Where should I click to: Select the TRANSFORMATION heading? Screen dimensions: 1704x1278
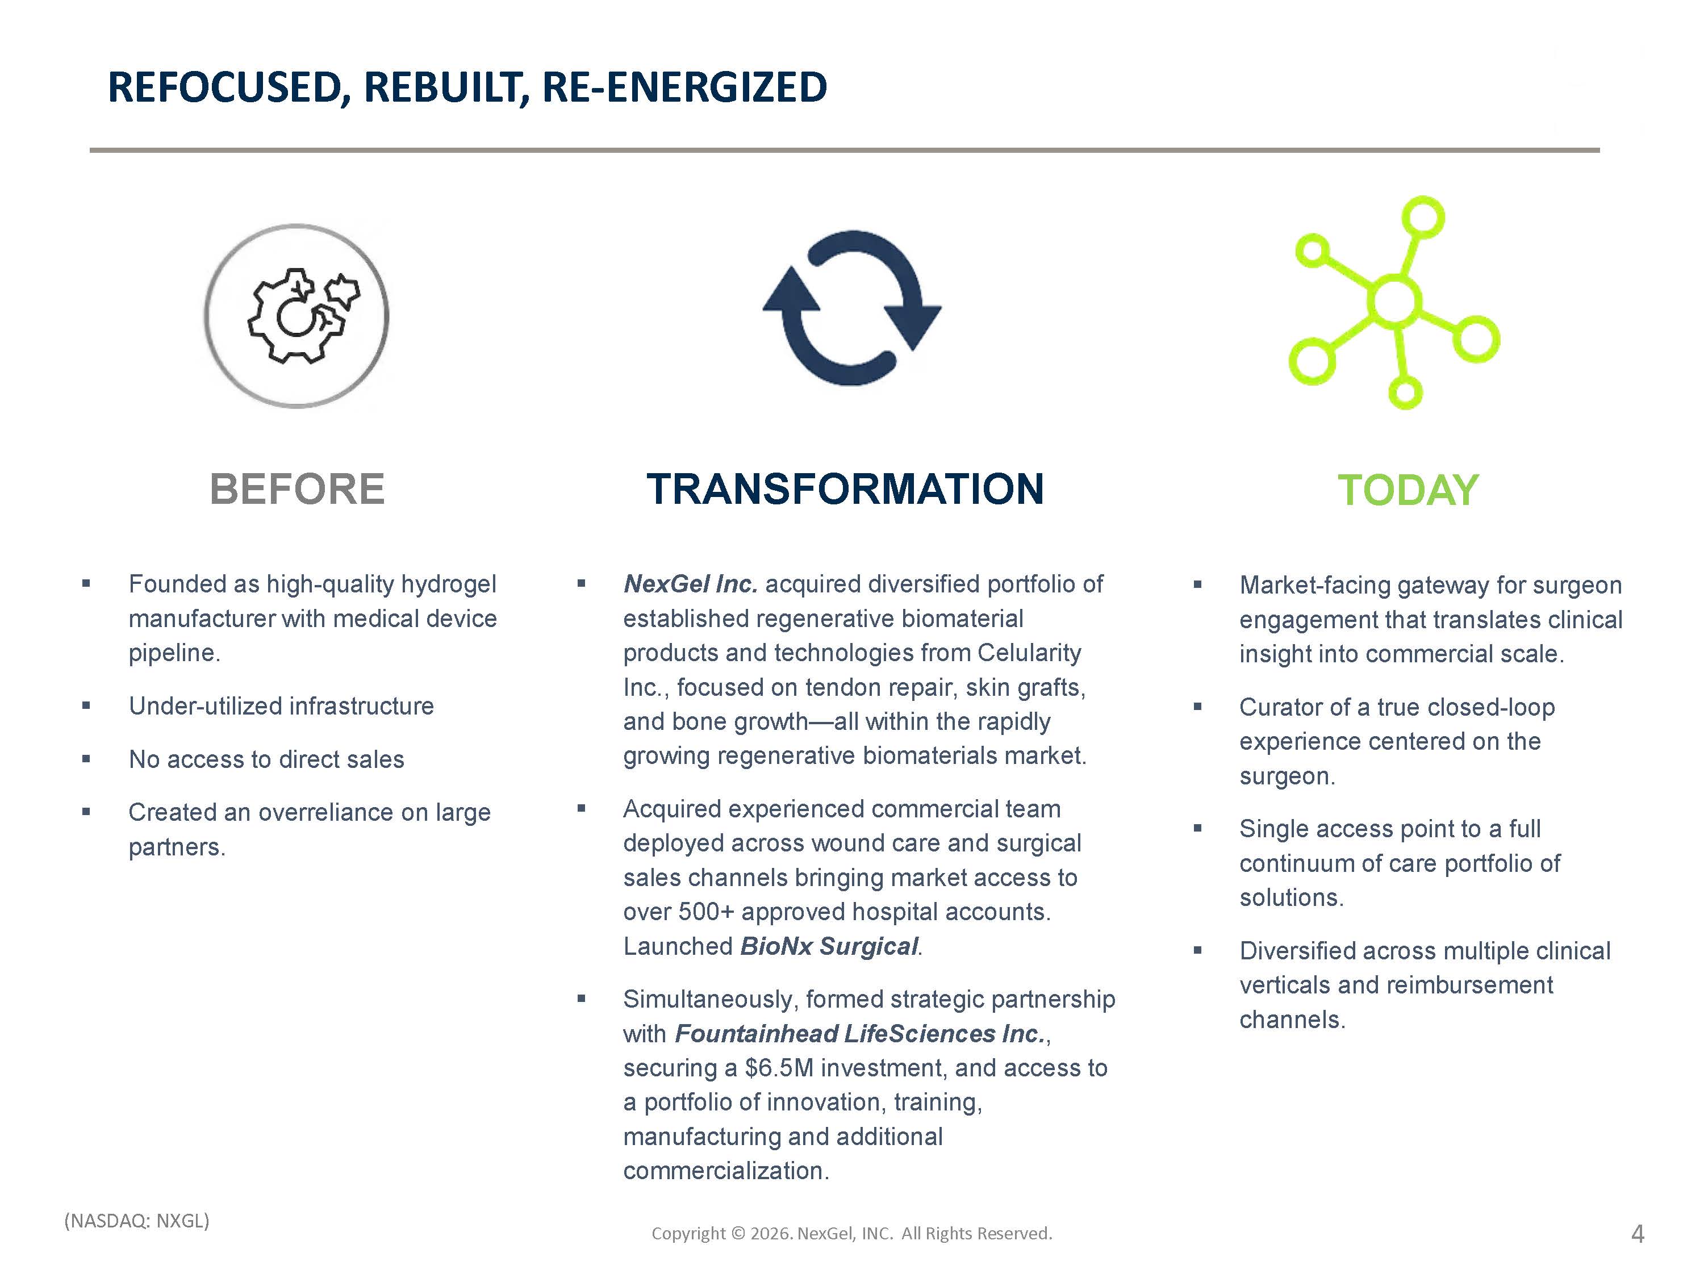pos(845,489)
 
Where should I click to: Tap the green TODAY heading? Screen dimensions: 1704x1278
pos(1408,490)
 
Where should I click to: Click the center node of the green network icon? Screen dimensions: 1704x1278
pos(1394,301)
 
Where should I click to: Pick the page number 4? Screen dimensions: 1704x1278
pos(1638,1234)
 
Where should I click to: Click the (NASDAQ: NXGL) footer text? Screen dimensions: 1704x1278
pos(137,1221)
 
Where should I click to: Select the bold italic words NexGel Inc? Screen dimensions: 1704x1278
pos(690,584)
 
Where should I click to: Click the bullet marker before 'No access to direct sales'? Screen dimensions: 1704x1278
pos(86,759)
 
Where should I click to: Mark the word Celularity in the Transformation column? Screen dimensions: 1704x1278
pos(1029,653)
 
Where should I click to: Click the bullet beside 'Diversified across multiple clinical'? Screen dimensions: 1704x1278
pos(1197,951)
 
